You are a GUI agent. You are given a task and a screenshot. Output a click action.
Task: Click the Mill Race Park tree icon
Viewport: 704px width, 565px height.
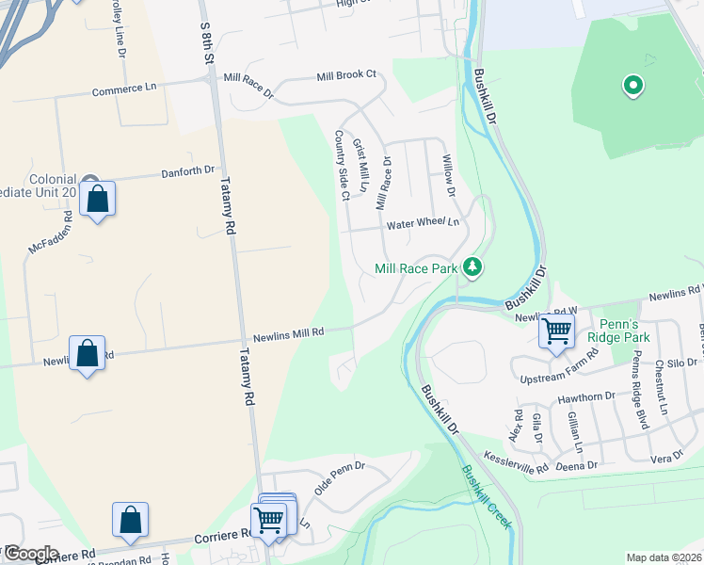472,268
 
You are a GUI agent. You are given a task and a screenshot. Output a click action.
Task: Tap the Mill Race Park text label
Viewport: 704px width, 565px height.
416,268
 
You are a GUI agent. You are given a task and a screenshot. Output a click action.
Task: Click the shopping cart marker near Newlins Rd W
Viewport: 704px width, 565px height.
556,331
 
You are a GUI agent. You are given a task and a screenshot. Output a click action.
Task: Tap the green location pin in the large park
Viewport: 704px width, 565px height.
633,87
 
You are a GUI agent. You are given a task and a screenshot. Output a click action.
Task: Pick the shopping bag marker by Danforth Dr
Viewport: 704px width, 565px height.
97,200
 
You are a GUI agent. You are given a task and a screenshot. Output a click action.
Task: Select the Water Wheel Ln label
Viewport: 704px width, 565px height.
423,224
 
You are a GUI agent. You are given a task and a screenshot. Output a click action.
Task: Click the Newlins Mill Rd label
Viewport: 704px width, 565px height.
288,333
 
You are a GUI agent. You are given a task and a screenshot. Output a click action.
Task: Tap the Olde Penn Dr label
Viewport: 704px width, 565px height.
339,477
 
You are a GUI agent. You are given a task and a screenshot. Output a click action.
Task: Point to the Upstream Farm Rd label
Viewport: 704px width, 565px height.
560,371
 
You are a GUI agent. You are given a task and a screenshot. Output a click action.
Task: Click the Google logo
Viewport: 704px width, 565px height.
32,554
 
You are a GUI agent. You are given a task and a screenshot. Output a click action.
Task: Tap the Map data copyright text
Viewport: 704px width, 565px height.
663,557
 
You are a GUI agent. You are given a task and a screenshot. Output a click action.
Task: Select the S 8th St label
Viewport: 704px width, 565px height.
208,43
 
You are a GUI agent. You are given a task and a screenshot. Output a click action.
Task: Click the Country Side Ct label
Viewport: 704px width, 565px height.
342,165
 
